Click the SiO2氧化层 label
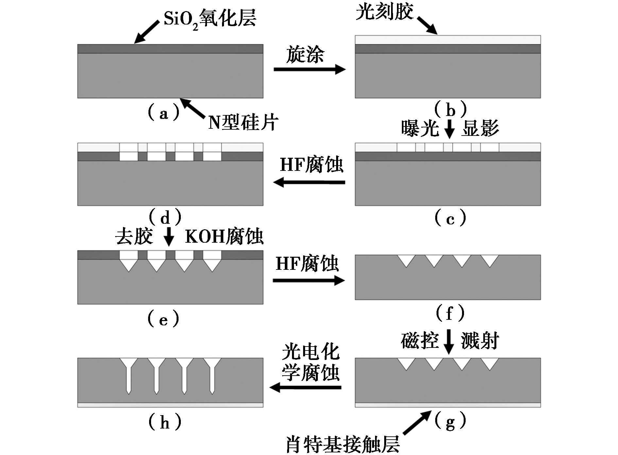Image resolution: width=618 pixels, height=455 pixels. tap(210, 19)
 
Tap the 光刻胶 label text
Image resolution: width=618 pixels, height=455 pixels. tap(385, 12)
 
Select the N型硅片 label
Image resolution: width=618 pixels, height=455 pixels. tap(243, 123)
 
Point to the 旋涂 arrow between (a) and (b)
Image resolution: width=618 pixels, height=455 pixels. tap(309, 69)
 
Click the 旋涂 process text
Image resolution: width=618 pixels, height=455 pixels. tap(305, 54)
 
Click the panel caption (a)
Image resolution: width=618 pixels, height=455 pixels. tap(163, 113)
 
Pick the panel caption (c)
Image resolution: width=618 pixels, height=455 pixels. tap(450, 218)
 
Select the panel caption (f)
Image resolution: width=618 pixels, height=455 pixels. tap(450, 313)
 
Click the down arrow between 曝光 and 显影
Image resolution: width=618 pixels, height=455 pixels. tap(450, 129)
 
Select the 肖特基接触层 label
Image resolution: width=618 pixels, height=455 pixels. tap(343, 444)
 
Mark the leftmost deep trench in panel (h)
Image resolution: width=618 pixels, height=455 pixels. tap(129, 376)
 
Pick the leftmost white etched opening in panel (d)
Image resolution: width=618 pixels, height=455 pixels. tap(129, 152)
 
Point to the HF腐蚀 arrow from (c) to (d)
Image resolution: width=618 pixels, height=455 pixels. tap(309, 182)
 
